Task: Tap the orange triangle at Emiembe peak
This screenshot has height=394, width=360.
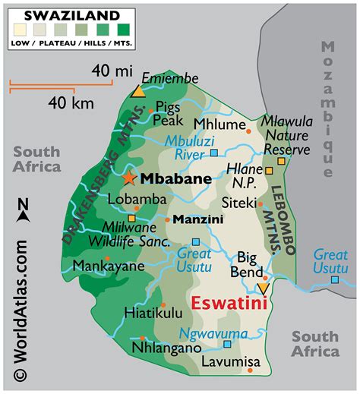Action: point(137,92)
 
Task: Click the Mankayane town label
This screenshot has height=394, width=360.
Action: point(108,266)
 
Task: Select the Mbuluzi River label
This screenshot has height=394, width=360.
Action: point(194,147)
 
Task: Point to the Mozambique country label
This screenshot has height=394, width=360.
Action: point(328,106)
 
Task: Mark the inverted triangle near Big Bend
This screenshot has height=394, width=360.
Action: point(262,288)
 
